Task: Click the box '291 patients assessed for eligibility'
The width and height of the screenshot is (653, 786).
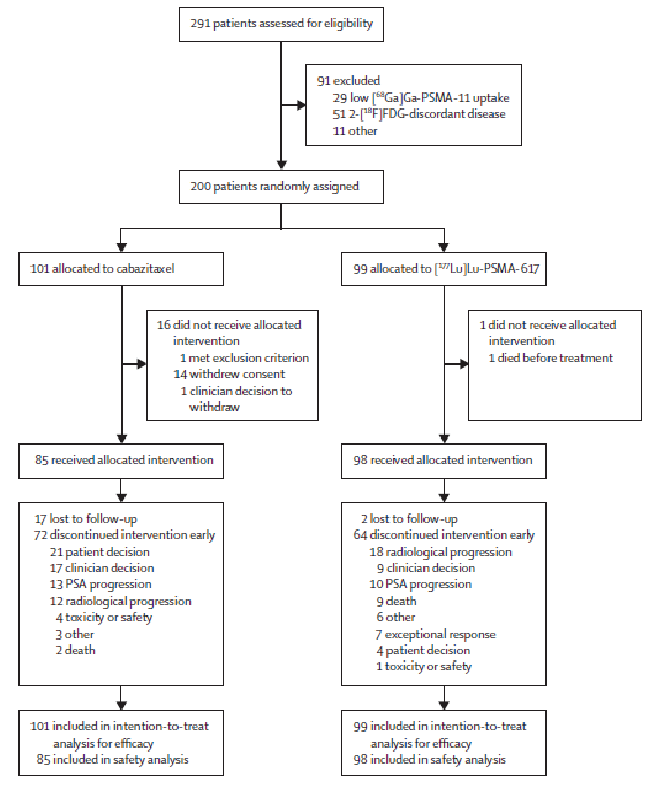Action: pos(281,24)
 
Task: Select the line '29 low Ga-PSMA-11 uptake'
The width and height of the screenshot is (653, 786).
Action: pos(420,98)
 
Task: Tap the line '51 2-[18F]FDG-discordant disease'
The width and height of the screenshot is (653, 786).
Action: pos(419,114)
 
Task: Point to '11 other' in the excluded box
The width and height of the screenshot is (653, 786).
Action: pos(355,131)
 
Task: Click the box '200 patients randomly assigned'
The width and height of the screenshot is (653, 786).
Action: pos(281,186)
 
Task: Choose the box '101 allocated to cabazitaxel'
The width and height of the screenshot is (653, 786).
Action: pos(120,269)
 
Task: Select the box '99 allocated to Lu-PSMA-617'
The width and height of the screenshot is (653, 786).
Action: pos(444,269)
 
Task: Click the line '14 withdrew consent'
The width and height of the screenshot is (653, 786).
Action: pos(229,374)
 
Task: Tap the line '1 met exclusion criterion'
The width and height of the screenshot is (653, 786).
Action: pos(244,358)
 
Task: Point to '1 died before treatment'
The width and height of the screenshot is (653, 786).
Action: pos(550,358)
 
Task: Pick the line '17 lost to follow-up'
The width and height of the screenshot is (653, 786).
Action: pos(86,519)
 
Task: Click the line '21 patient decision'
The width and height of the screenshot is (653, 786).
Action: pos(99,552)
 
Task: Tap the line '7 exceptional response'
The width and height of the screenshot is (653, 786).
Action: pos(435,634)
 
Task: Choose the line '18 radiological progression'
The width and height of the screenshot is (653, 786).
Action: pos(440,552)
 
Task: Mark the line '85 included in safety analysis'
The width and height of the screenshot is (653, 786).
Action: pos(112,760)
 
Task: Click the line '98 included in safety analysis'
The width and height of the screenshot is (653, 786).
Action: pos(429,760)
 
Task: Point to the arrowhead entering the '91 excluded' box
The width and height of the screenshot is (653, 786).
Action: pos(302,106)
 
